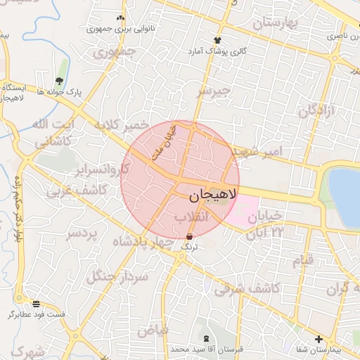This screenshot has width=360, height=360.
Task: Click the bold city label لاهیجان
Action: (x=210, y=192)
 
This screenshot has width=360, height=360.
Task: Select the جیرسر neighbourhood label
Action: (x=213, y=91)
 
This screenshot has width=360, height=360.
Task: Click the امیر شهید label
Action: (x=257, y=151)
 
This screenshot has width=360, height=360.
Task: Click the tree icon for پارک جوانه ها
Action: (x=59, y=81)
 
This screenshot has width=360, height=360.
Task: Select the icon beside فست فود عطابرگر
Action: (x=36, y=303)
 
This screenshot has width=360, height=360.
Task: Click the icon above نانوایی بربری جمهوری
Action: (x=121, y=18)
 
